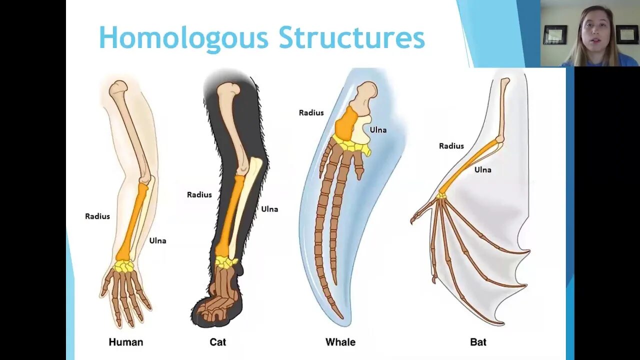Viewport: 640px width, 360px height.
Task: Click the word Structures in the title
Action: tap(351, 38)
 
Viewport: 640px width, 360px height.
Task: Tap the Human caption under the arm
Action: tap(126, 342)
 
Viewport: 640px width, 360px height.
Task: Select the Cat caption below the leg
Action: tap(217, 342)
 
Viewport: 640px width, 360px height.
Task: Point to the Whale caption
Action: tap(340, 342)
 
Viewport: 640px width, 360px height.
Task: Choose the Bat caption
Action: tap(478, 342)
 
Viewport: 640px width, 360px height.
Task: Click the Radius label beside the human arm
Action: tap(97, 216)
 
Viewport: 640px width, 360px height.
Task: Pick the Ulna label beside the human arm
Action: tap(157, 241)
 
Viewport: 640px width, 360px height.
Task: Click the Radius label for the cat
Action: tap(199, 194)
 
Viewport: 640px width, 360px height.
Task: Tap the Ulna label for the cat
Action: tap(269, 209)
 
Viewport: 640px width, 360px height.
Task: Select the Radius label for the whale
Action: tap(311, 113)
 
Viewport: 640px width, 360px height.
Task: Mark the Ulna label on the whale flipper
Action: tap(378, 130)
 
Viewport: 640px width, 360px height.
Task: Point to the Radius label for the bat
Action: tap(451, 146)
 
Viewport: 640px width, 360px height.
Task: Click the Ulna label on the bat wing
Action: tap(482, 170)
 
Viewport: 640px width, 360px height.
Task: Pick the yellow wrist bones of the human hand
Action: tap(123, 266)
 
